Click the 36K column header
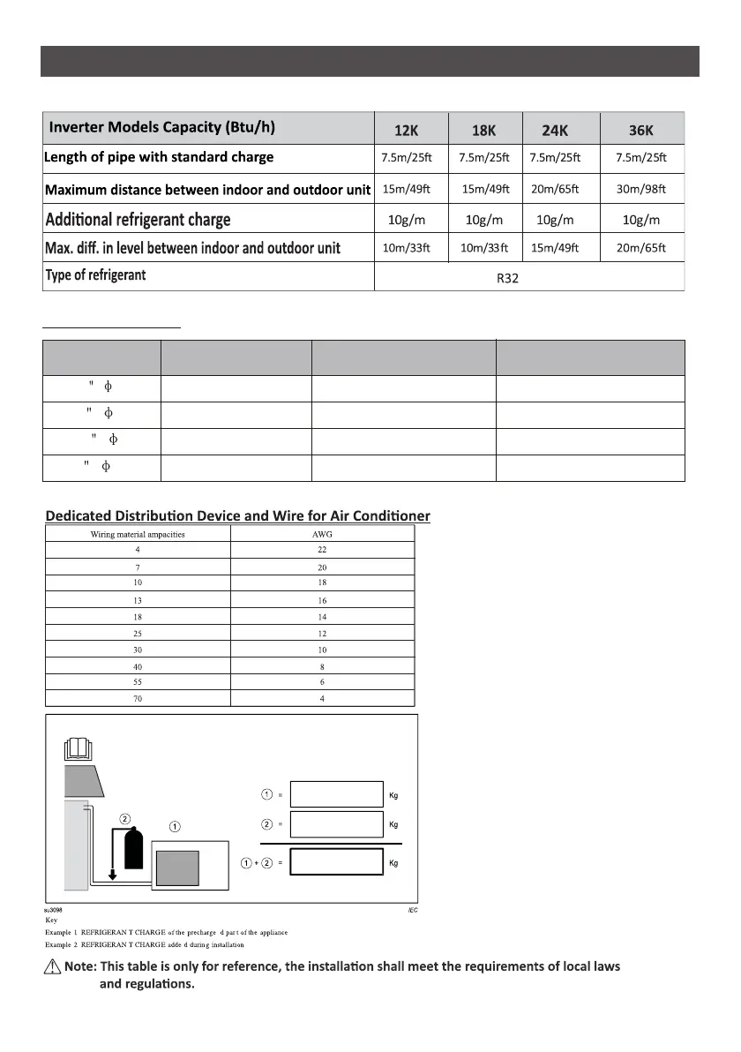coord(641,131)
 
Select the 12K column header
coord(407,131)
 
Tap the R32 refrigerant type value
coord(530,278)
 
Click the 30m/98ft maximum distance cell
coord(641,189)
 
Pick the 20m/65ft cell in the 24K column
coord(557,189)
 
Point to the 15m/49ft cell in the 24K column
coord(557,248)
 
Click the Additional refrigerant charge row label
coord(138,219)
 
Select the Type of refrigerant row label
coord(95,275)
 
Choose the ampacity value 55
coord(137,682)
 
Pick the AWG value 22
coord(321,549)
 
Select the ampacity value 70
coord(137,698)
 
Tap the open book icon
coord(79,748)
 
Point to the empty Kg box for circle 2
coord(336,824)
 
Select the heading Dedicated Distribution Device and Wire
coord(237,515)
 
